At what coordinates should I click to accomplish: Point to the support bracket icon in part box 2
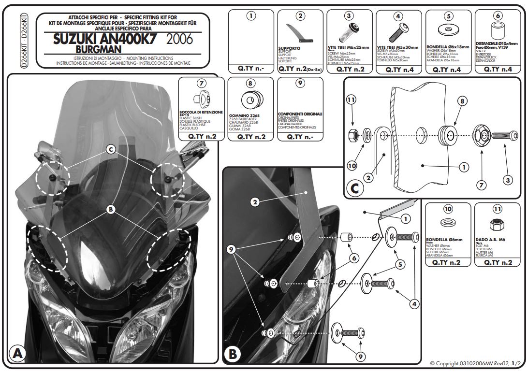(300, 33)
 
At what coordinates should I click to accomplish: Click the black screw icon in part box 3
(349, 33)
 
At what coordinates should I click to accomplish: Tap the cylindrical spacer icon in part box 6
(497, 30)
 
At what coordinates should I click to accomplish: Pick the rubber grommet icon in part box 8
(250, 101)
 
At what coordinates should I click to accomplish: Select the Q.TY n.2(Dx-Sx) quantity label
(300, 69)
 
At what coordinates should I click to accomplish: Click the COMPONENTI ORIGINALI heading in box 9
(300, 114)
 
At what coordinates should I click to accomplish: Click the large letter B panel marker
(232, 354)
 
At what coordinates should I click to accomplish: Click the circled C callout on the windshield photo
(111, 150)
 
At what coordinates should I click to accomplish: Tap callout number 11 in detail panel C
(352, 100)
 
